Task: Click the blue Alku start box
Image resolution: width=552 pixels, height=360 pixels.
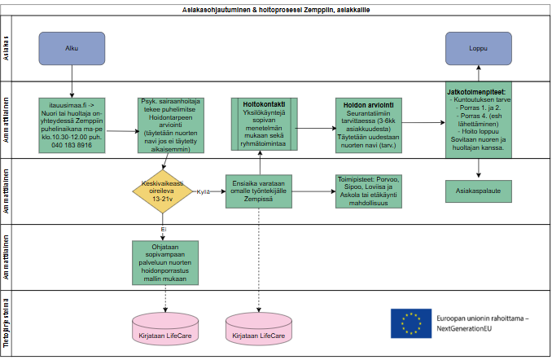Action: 72,49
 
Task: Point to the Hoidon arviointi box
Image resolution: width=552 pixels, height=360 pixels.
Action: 368,122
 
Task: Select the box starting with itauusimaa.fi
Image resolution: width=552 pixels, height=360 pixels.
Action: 72,122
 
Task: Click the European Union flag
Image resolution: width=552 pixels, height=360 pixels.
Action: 411,323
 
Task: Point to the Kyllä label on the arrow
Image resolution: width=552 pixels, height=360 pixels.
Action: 204,191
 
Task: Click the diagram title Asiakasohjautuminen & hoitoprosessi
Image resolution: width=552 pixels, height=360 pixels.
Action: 275,7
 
